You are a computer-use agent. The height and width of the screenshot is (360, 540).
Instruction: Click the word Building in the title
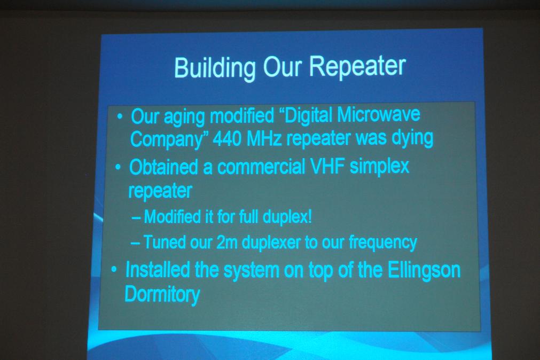click(215, 67)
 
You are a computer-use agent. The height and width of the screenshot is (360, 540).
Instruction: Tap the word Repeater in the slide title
click(357, 66)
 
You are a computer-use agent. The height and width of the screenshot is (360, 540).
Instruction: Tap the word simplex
click(380, 167)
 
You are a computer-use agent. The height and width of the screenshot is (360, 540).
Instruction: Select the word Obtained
click(163, 167)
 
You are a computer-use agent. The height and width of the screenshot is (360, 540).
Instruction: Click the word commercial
click(261, 167)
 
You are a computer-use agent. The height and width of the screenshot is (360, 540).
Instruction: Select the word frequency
click(382, 242)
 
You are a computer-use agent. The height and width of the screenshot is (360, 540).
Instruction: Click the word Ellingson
click(424, 270)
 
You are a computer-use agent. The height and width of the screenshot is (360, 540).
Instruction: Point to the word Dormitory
click(162, 295)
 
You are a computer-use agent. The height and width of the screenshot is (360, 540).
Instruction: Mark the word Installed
click(158, 270)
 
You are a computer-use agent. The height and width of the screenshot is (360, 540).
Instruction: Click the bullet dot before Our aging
click(120, 116)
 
